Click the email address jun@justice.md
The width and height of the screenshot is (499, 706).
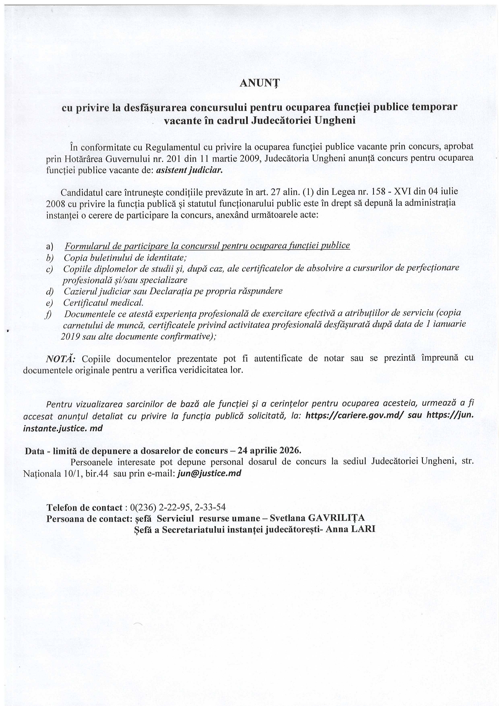point(209,473)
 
